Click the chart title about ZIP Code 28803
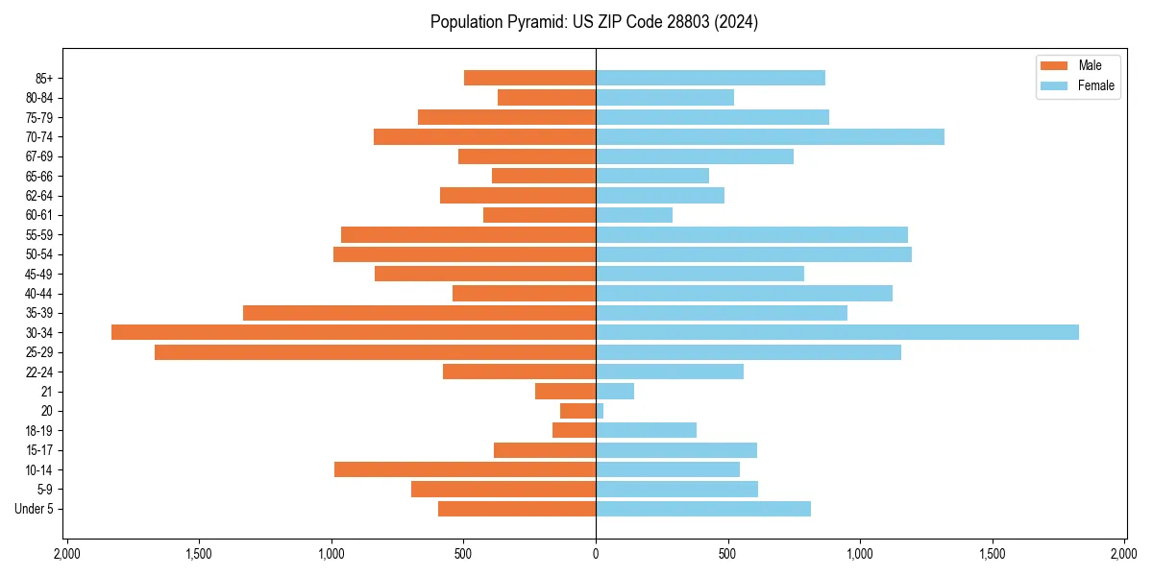(594, 22)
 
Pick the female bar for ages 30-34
(837, 332)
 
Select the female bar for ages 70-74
(770, 136)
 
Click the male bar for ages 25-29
(375, 352)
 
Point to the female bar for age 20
(600, 411)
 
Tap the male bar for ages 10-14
(465, 469)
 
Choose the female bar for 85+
(710, 78)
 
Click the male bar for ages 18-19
(575, 430)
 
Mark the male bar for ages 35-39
(419, 313)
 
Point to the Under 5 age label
(35, 509)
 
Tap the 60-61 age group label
(38, 215)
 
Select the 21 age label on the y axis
(47, 392)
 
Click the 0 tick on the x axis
(596, 554)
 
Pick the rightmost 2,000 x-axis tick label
(1124, 554)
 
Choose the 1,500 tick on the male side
(199, 554)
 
